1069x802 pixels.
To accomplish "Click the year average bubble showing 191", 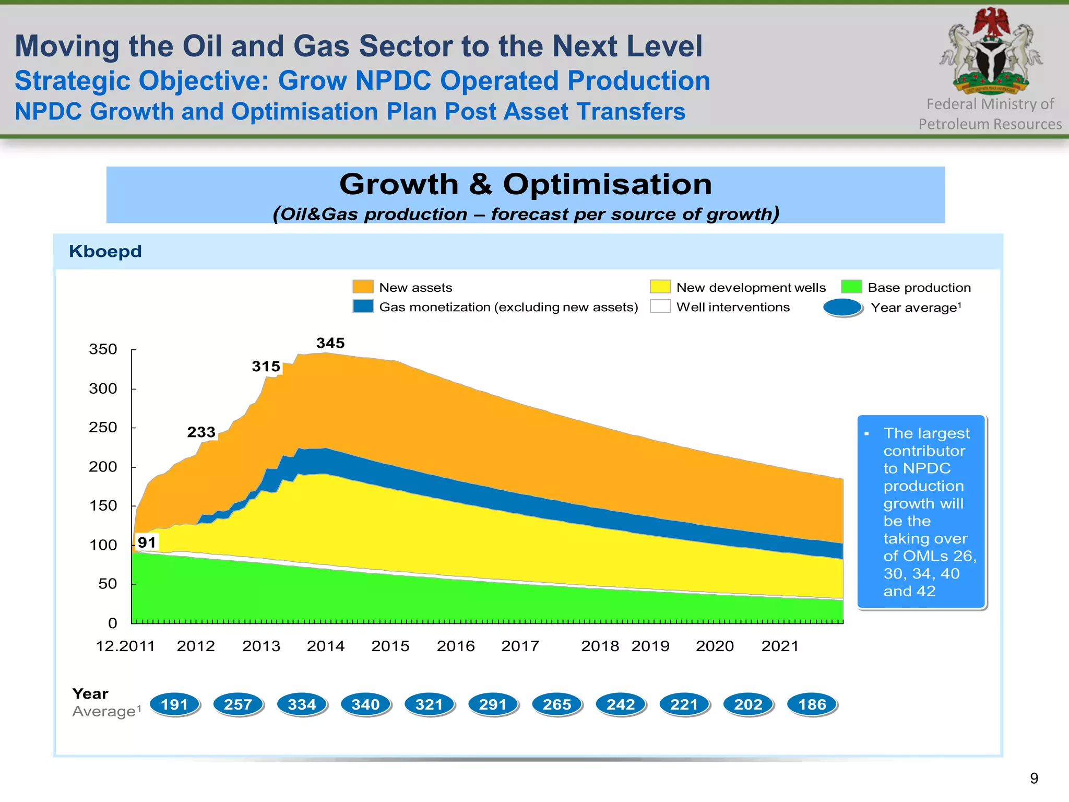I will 174,704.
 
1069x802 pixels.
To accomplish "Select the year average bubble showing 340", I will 365,704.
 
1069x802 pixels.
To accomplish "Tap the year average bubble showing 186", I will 812,704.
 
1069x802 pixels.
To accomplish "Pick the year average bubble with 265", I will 556,704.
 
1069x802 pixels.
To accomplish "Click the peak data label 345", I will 330,343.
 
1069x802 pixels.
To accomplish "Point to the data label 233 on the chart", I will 201,432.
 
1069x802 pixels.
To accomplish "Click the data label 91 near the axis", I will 147,542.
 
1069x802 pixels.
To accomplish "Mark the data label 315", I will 266,367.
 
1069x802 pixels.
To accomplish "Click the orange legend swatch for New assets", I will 363,287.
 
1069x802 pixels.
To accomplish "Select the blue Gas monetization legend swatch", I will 363,306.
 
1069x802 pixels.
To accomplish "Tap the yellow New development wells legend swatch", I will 660,287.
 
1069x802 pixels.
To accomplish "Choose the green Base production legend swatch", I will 851,287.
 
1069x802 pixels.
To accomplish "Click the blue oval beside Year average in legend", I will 842,308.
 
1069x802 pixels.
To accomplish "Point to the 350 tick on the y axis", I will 103,349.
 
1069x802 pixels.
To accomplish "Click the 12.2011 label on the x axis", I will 125,646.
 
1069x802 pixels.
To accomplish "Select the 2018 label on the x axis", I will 600,646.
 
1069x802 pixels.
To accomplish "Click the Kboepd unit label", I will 105,251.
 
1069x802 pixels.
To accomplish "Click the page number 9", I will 1034,779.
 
